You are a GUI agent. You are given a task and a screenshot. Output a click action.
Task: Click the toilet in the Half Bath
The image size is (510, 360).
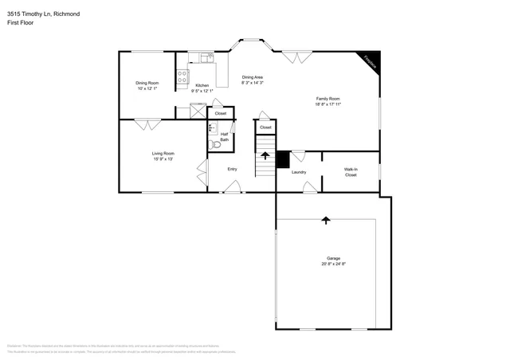click(x=214, y=145)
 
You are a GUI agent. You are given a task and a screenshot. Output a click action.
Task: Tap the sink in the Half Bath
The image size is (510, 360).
click(x=212, y=127)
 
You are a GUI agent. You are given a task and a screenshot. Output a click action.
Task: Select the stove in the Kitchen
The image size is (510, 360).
click(x=182, y=77)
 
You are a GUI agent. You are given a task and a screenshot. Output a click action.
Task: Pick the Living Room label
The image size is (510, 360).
click(x=163, y=153)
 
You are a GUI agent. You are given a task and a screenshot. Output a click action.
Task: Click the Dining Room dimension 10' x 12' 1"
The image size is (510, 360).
click(x=147, y=88)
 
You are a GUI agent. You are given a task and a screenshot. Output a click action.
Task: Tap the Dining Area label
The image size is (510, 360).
click(x=253, y=77)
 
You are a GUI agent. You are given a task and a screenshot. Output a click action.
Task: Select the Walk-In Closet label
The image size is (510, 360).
click(x=351, y=171)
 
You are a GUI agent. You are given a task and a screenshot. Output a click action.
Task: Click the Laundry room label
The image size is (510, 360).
click(x=299, y=172)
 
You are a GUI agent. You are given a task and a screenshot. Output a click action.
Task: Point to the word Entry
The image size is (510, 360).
click(x=232, y=169)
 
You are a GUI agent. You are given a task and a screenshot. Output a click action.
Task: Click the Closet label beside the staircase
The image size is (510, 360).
click(x=265, y=127)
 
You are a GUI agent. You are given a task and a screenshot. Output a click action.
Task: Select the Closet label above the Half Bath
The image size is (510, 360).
click(x=221, y=114)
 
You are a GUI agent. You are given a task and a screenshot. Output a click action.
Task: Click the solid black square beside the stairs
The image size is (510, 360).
click(x=282, y=158)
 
